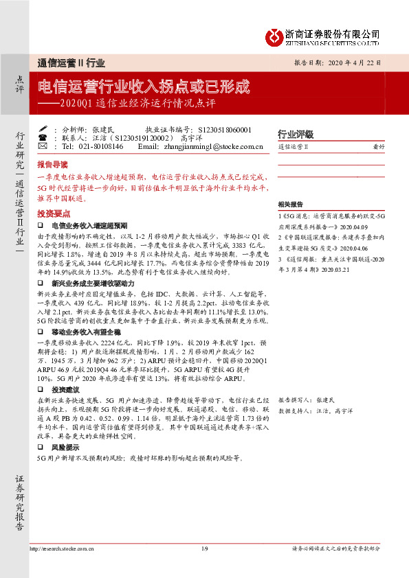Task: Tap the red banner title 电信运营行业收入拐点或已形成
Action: point(143,88)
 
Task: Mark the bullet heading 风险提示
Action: point(65,446)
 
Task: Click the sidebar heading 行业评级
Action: point(295,134)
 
